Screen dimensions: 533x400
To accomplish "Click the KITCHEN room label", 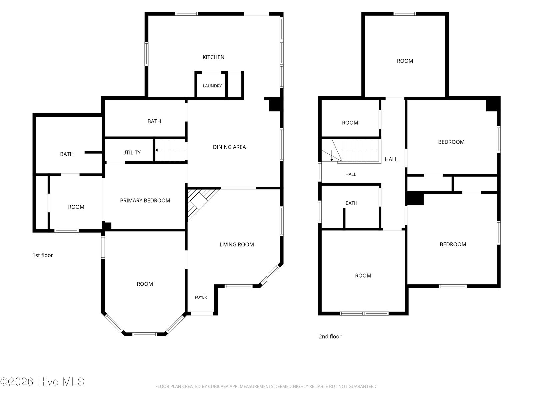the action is click(213, 57).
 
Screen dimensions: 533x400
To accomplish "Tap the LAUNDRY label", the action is click(212, 86).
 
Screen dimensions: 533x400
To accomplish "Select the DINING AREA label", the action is click(229, 147).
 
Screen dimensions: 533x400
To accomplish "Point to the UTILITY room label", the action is click(131, 153).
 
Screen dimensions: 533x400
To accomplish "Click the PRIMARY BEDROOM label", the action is click(145, 200).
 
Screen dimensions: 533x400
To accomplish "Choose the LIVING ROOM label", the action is click(237, 245).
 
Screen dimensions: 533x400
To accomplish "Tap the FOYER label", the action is click(201, 297).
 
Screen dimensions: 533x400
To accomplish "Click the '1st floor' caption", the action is click(43, 255).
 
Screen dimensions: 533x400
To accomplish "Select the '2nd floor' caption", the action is click(330, 336).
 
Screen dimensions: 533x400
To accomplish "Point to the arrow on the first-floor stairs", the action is click(170, 150).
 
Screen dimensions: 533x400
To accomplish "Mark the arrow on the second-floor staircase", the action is click(332, 155).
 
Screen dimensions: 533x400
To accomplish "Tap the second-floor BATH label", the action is click(351, 203).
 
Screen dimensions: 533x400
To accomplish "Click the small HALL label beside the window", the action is click(351, 174).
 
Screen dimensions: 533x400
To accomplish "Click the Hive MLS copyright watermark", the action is click(42, 382).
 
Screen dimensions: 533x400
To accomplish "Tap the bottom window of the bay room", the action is click(145, 334).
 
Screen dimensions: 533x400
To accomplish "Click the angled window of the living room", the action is click(270, 275).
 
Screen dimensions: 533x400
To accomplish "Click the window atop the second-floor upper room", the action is click(405, 14).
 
